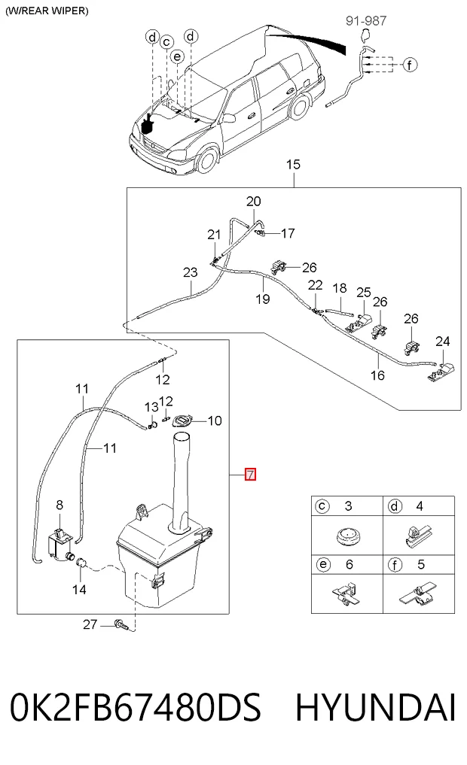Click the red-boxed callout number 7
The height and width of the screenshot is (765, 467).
250,474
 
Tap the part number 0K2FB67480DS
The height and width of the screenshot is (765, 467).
136,707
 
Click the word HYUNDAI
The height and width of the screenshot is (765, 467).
375,707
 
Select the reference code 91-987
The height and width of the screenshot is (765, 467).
366,20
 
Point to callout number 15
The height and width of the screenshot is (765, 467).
293,165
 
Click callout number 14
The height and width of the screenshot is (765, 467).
79,590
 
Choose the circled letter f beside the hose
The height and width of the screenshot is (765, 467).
410,65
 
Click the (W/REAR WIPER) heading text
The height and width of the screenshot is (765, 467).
47,11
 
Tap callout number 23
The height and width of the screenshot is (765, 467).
190,272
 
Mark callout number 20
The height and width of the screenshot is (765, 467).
254,201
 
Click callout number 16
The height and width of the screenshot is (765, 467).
377,375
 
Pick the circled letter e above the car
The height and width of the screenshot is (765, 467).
177,56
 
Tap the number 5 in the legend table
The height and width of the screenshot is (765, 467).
421,564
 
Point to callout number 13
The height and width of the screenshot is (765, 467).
151,407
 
